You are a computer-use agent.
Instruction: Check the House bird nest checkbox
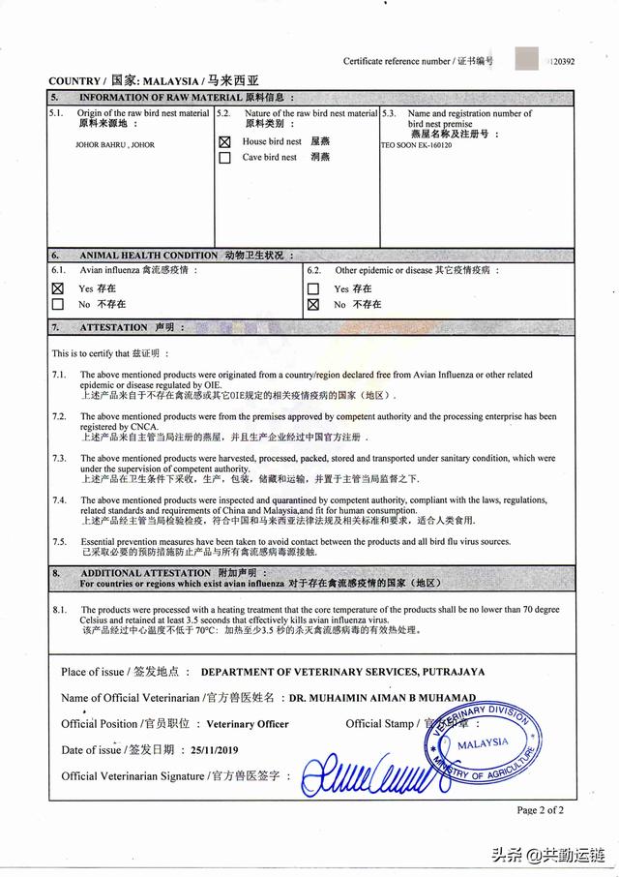(x=224, y=141)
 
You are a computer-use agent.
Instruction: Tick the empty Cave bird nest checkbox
(x=224, y=157)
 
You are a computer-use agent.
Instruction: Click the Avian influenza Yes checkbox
(x=57, y=288)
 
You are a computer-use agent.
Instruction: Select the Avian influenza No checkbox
(x=57, y=304)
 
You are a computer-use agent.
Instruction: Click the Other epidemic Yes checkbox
(x=312, y=288)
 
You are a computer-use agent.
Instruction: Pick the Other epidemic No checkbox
(x=312, y=304)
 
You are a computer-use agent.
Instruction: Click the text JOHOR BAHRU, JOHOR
(x=114, y=145)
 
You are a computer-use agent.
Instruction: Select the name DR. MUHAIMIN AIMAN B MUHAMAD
(x=382, y=697)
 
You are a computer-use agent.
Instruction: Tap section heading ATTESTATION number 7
(x=113, y=327)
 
